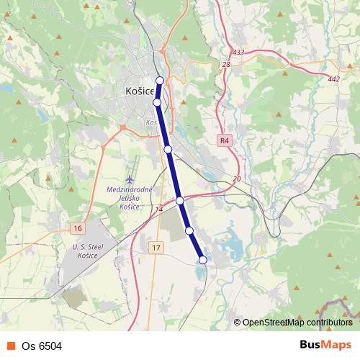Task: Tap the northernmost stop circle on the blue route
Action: (x=160, y=81)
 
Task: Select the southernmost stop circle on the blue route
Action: (x=202, y=259)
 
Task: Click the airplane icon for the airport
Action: (x=130, y=179)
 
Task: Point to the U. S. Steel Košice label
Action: (x=88, y=250)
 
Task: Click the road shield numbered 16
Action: (x=78, y=228)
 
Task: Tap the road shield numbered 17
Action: (x=156, y=248)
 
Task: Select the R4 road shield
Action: (x=225, y=140)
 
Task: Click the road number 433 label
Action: (x=238, y=53)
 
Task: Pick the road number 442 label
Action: (x=333, y=79)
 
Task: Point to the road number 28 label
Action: (x=226, y=65)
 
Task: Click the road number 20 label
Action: (x=236, y=179)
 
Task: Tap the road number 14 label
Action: (x=159, y=210)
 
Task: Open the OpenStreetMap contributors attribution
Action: (x=297, y=323)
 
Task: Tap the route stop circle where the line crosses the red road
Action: (x=180, y=201)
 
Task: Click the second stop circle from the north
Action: (x=157, y=102)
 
